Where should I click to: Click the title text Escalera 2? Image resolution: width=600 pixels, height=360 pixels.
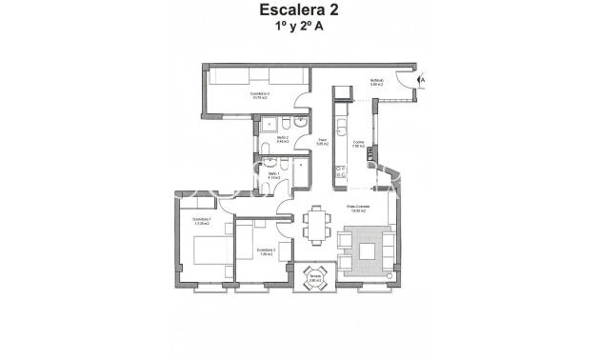[299, 11]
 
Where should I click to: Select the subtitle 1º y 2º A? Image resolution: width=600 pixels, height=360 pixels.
[299, 29]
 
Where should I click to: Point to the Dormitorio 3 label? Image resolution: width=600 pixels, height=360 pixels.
[260, 95]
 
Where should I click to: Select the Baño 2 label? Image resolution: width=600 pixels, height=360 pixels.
[283, 140]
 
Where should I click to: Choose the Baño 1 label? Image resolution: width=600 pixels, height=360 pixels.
[273, 176]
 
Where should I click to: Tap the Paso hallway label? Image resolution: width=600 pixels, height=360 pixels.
[323, 141]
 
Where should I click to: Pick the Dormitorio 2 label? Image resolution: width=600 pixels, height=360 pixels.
[266, 251]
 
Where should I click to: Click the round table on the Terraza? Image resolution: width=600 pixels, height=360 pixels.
[315, 279]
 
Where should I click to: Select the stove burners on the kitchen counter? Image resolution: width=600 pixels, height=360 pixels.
[340, 171]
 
